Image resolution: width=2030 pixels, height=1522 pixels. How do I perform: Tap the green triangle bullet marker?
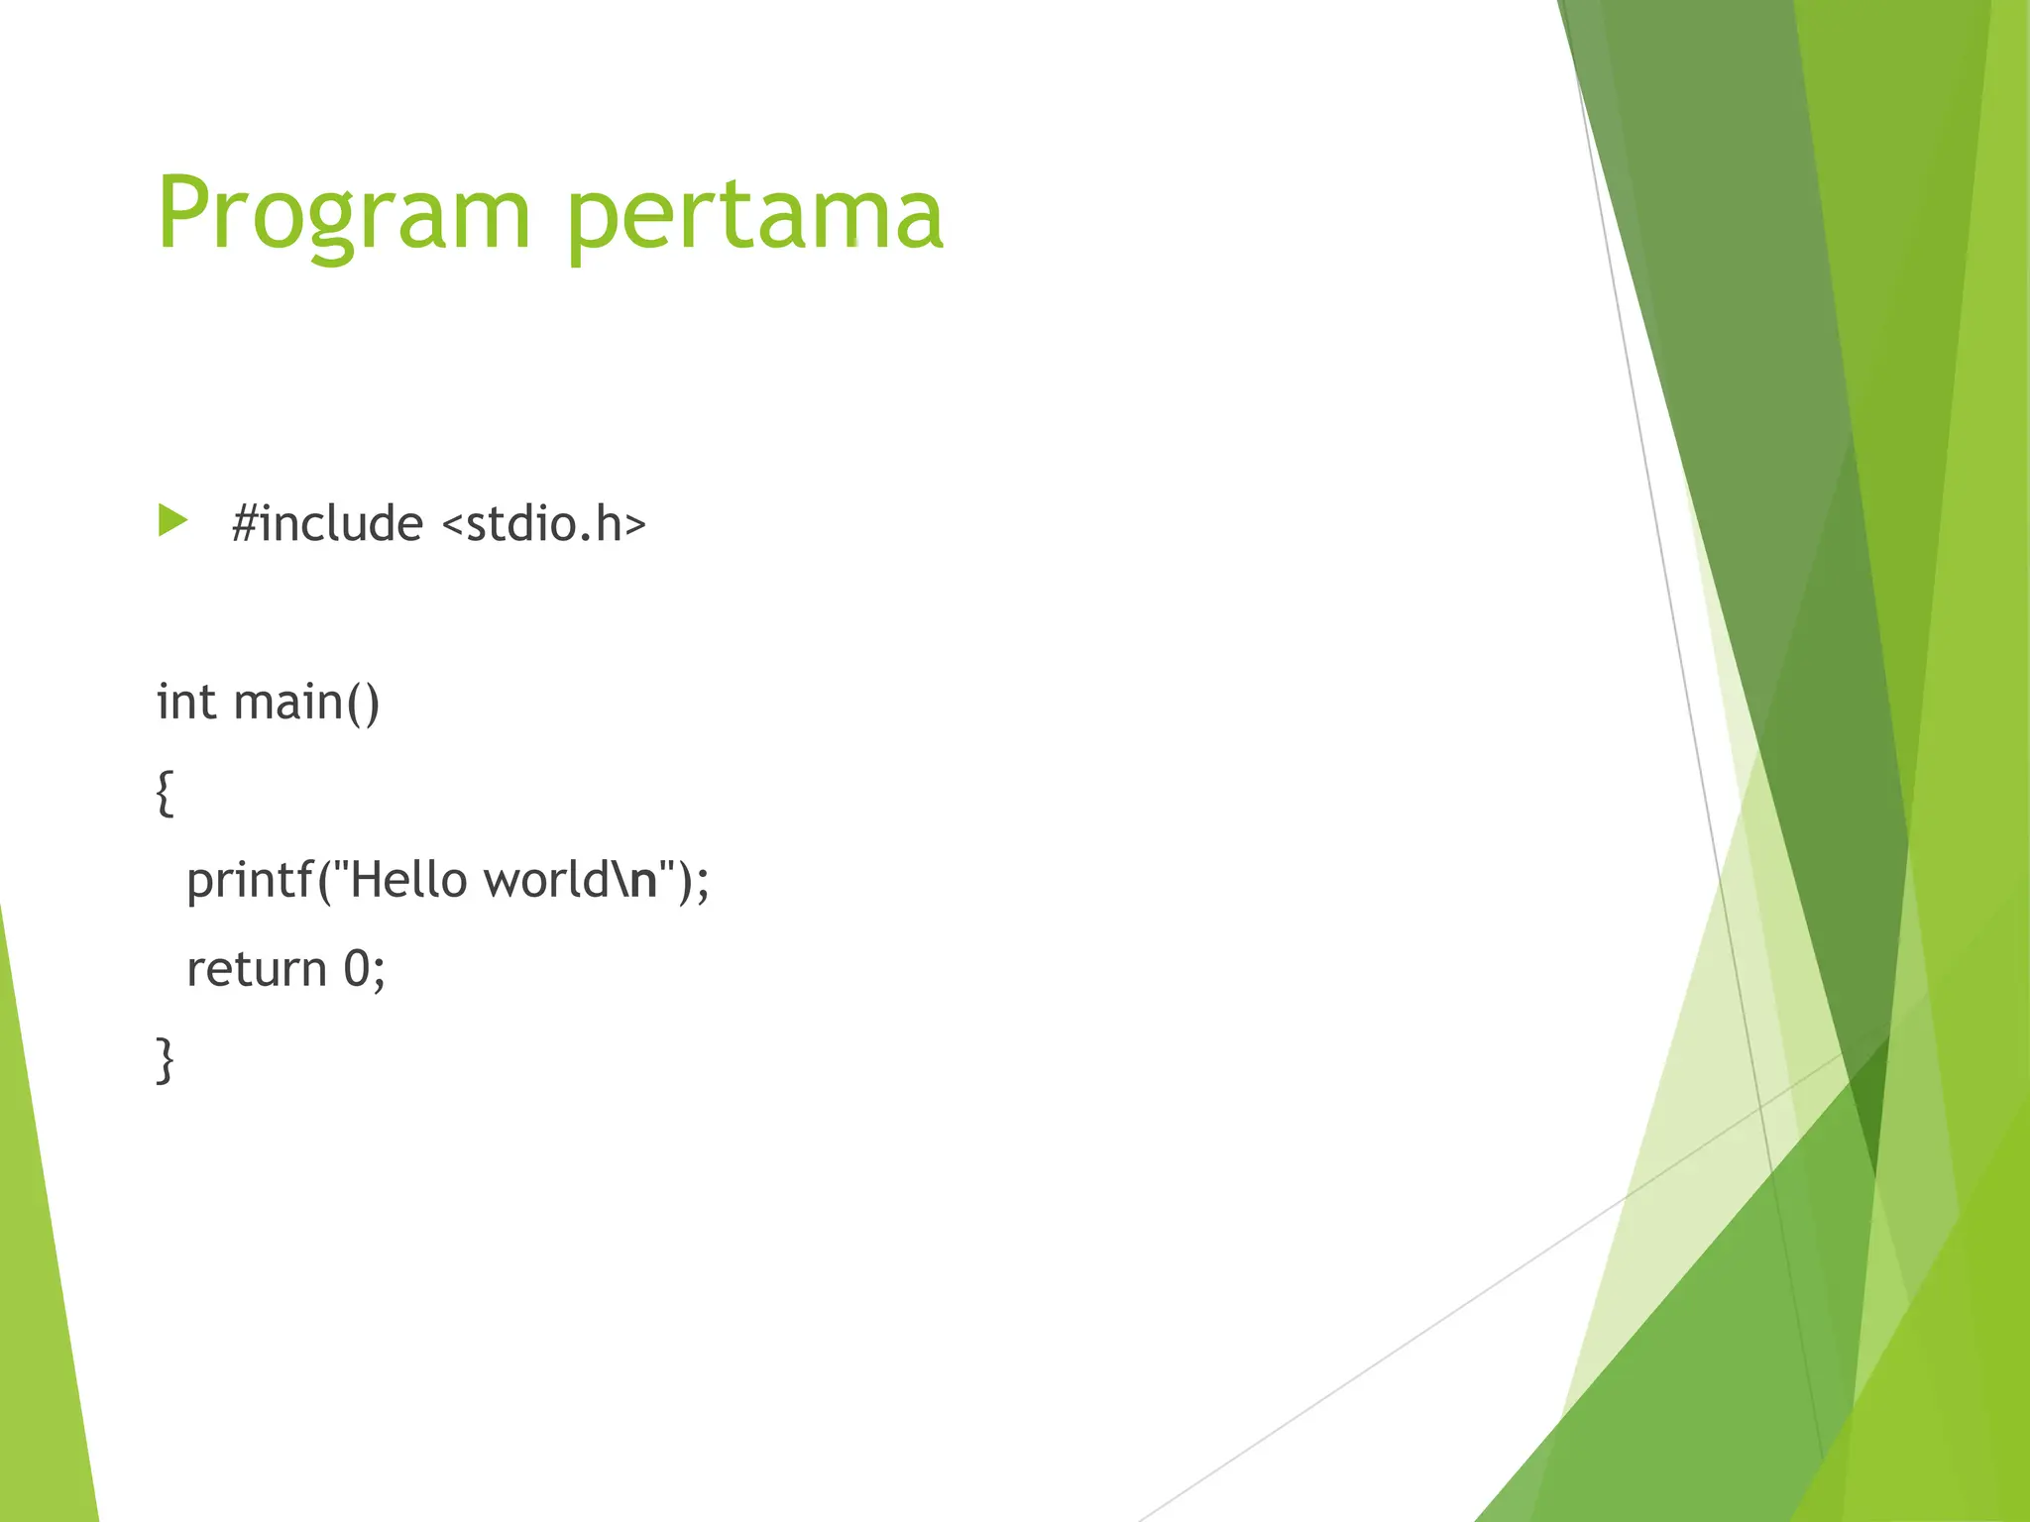[x=171, y=520]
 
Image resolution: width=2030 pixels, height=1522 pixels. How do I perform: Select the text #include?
[x=327, y=523]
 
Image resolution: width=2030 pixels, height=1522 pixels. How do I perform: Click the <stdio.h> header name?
[x=543, y=523]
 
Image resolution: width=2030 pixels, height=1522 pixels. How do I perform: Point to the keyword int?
[x=186, y=702]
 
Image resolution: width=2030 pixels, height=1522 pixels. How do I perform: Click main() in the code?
[x=306, y=702]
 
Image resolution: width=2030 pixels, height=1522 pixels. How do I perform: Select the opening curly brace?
[x=166, y=793]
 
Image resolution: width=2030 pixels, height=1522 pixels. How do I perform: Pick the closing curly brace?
[x=166, y=1060]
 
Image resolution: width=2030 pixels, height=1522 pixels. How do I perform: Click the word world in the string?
[x=546, y=880]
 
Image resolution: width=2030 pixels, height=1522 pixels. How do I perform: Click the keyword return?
[x=257, y=969]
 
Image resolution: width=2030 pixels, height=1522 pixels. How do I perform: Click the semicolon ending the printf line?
[x=703, y=882]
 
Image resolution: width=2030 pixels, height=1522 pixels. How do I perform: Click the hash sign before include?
[x=244, y=523]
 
